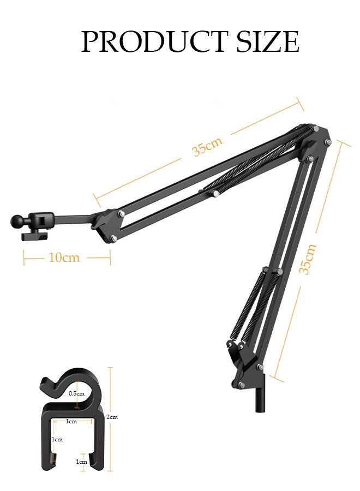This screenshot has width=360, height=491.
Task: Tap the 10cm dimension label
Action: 64,257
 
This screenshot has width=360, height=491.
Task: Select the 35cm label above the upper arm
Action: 207,146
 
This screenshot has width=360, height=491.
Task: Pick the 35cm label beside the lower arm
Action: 308,259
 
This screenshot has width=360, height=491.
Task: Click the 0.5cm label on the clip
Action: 76,393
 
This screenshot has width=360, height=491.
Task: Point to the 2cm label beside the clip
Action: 112,417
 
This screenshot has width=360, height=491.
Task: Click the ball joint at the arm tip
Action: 16,221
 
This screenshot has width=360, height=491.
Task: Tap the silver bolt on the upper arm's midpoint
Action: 217,193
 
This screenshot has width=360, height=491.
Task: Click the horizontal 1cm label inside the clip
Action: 71,421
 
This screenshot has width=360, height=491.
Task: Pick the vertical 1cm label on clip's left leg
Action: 57,439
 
